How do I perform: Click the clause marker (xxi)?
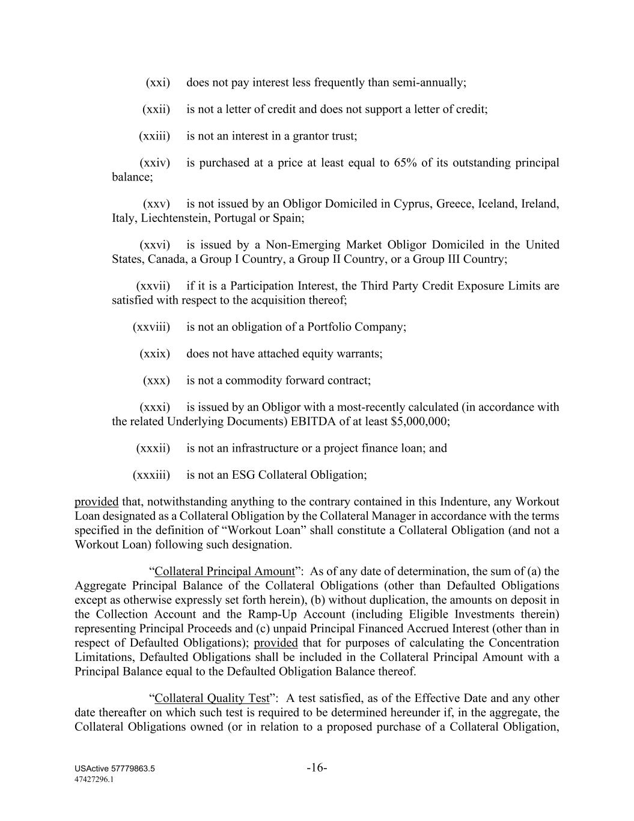pyautogui.click(x=158, y=82)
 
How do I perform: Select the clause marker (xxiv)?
pyautogui.click(x=154, y=163)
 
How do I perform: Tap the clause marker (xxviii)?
pyautogui.click(x=151, y=327)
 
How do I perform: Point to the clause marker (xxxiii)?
pyautogui.click(x=151, y=475)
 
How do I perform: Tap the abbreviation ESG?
pyautogui.click(x=243, y=475)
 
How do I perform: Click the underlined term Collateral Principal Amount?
pyautogui.click(x=225, y=571)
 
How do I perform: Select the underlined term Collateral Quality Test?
pyautogui.click(x=212, y=698)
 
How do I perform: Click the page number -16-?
pyautogui.click(x=317, y=768)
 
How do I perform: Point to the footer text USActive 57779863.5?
pyautogui.click(x=115, y=769)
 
